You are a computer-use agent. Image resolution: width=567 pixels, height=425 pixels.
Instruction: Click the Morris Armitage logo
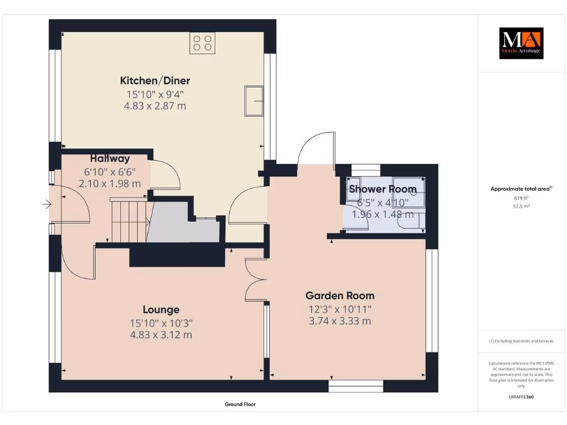click(x=521, y=43)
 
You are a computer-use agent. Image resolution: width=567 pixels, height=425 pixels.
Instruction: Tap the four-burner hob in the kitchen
click(x=203, y=43)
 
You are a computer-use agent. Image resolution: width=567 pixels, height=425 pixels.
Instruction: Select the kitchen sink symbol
click(x=254, y=101)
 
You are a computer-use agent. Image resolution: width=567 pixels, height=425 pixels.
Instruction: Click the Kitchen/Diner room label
click(x=155, y=81)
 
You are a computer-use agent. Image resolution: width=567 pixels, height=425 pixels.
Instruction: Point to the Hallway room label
click(x=110, y=159)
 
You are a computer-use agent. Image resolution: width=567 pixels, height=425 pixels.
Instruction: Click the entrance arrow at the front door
click(x=45, y=205)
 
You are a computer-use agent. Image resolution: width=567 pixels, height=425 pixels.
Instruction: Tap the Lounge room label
click(x=161, y=310)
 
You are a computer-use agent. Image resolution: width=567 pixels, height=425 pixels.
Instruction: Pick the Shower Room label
click(x=382, y=189)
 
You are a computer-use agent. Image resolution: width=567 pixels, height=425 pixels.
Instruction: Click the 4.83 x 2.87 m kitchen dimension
click(x=155, y=106)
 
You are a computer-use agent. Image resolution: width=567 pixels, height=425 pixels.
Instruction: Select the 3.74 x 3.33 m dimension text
click(x=340, y=321)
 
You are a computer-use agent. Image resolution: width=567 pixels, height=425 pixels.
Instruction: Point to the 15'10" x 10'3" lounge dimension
click(x=161, y=323)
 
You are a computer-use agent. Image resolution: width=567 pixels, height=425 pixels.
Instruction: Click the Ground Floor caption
click(x=240, y=405)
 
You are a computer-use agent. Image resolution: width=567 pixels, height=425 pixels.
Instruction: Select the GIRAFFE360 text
click(x=521, y=397)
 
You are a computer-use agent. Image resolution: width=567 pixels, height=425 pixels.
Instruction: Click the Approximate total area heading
click(x=521, y=189)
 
